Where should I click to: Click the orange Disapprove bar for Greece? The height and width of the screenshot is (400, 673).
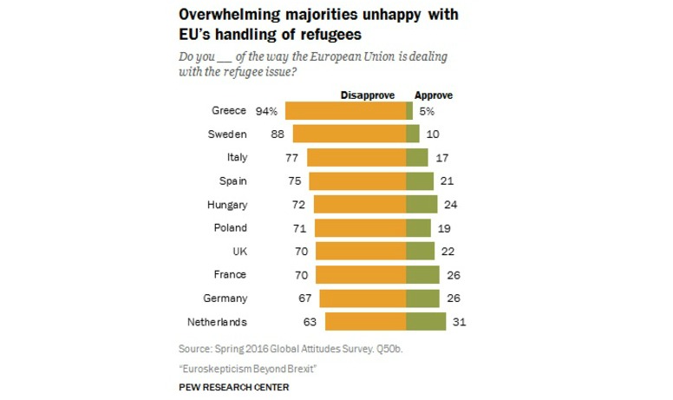(x=345, y=111)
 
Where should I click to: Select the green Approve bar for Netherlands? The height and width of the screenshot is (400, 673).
(x=426, y=322)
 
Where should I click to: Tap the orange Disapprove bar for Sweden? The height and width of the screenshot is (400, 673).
(x=350, y=134)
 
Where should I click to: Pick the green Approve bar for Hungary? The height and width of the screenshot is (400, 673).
(x=421, y=205)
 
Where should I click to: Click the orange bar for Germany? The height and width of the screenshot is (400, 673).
(x=363, y=298)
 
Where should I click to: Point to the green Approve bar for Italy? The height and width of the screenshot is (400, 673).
(x=417, y=158)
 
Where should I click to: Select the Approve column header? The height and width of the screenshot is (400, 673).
(x=434, y=95)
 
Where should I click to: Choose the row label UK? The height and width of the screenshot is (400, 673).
(x=239, y=252)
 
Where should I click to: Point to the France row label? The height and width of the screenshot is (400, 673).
(x=232, y=275)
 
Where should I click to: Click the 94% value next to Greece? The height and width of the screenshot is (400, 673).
(x=266, y=111)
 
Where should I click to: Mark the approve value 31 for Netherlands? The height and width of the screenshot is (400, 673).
(x=461, y=322)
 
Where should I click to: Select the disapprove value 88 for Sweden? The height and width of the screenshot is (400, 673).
(x=278, y=134)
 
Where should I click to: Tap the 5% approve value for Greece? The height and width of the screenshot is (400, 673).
(x=426, y=111)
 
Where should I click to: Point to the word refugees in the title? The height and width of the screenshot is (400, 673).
(x=328, y=35)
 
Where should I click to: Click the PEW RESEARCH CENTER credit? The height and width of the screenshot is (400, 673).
(x=234, y=386)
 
